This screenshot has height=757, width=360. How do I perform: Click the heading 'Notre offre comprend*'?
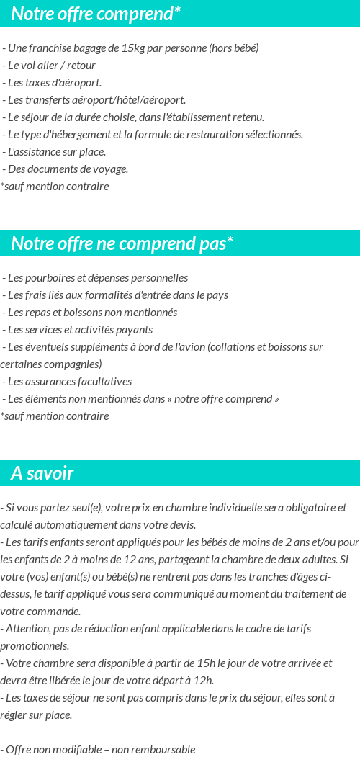tap(96, 14)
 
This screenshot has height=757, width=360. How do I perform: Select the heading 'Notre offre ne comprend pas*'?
tap(122, 243)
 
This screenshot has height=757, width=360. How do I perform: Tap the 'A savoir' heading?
tap(42, 473)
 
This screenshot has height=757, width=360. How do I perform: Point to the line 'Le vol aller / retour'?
tap(51, 66)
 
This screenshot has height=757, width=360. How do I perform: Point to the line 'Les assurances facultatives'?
tap(69, 382)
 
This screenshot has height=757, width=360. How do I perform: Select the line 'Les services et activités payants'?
tap(79, 330)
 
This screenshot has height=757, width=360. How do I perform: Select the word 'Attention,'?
tap(27, 629)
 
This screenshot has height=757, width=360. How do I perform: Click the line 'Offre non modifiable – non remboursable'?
tap(99, 750)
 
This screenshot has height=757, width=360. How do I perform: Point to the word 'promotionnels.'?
tap(35, 646)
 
